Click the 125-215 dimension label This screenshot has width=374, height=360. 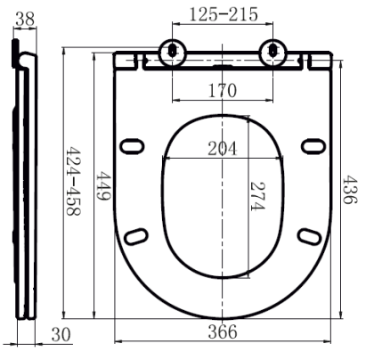[x=224, y=14]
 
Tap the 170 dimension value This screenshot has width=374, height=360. [x=223, y=91]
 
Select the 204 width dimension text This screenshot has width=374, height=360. [x=223, y=149]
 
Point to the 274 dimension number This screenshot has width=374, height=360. [x=257, y=196]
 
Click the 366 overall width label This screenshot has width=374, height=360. [x=223, y=331]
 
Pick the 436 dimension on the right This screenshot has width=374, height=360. [x=350, y=190]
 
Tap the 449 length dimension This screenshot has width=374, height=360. [x=103, y=185]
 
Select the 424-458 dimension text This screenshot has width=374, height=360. [x=73, y=180]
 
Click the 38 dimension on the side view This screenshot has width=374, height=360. [x=25, y=20]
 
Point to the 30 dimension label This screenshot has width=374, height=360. [x=61, y=334]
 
